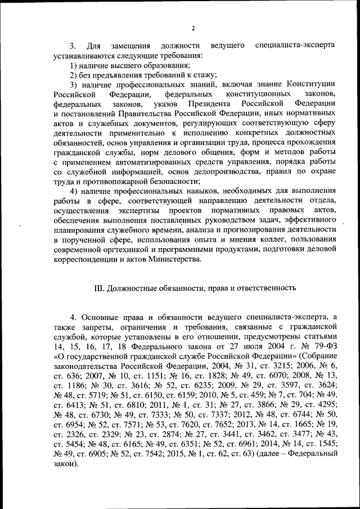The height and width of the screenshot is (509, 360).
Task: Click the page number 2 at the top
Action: pyautogui.click(x=192, y=29)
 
